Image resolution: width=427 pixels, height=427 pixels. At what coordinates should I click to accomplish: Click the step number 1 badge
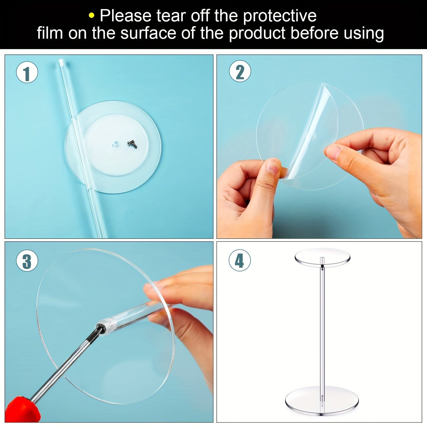coord(27,72)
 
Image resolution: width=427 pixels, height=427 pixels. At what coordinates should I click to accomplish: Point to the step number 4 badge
coord(239,260)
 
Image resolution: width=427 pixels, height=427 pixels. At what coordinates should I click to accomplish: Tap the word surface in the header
coord(148,33)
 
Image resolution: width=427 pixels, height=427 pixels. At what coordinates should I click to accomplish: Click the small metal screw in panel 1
coord(132,144)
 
